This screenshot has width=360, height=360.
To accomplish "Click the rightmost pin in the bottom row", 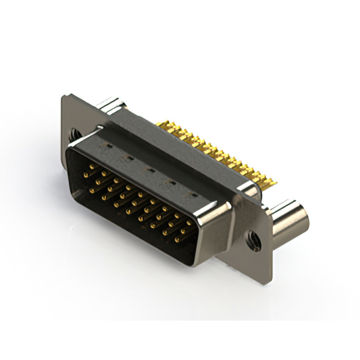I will (x=177, y=240).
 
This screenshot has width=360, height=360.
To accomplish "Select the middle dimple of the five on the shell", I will (x=150, y=169).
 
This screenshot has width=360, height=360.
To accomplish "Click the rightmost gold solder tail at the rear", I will (x=274, y=181).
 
